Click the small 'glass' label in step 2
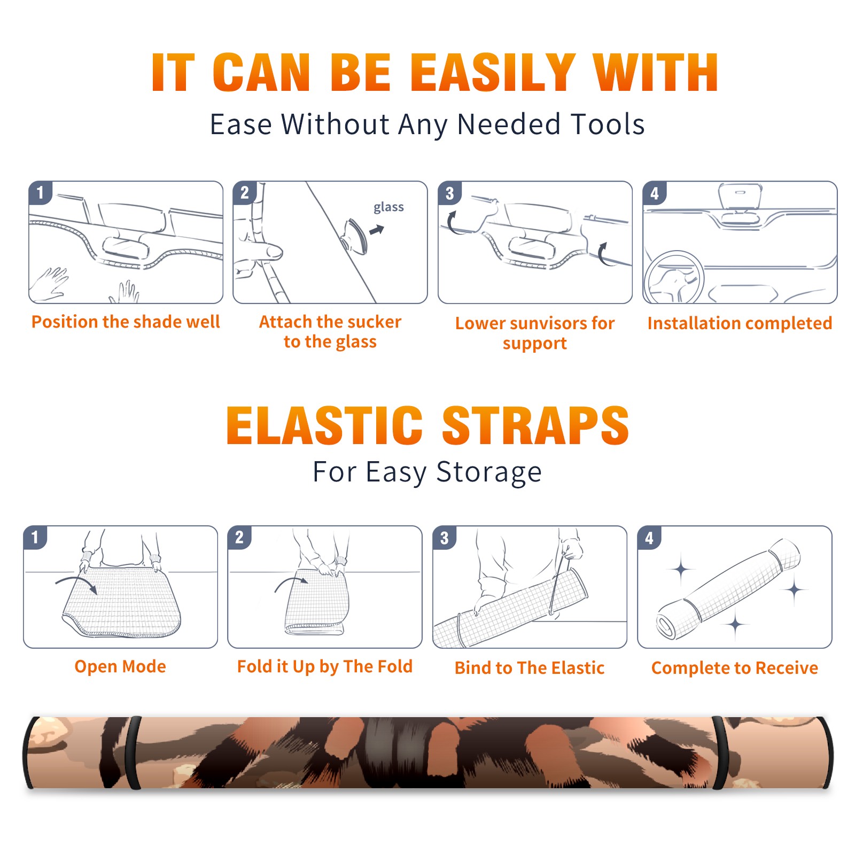point(388,207)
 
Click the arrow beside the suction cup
point(377,230)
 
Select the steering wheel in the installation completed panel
point(674,277)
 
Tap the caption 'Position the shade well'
point(126,322)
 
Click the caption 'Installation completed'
point(740,323)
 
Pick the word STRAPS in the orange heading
point(535,425)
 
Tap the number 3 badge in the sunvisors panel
point(449,193)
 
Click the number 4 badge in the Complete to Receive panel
point(649,538)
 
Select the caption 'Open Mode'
point(120,666)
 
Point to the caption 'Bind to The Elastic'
point(530,668)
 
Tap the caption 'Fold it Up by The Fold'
point(325,666)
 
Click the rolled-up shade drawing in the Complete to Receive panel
point(729,588)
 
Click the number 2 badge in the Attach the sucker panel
point(245,193)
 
